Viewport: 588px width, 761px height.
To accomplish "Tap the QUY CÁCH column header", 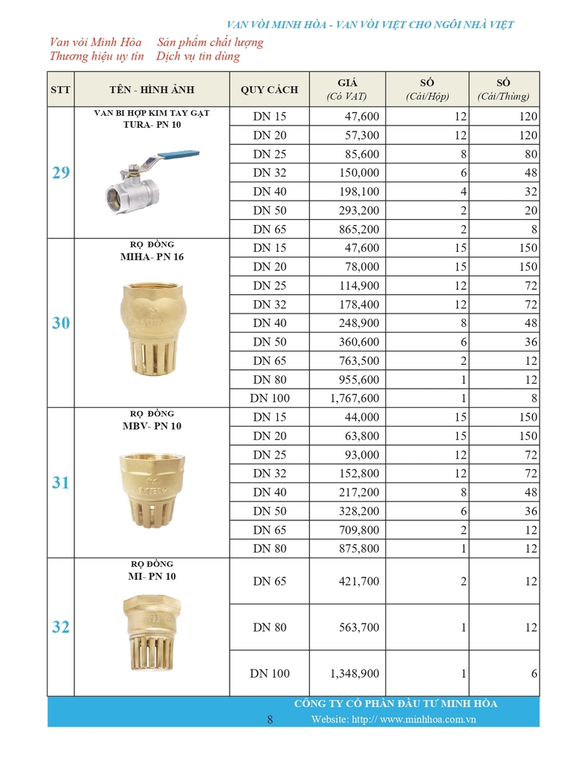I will (x=269, y=89).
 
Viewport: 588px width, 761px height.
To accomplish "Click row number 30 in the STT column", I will (x=61, y=323).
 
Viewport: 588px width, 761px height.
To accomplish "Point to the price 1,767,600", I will (x=355, y=398).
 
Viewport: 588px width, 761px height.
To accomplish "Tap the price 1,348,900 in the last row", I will (x=355, y=673).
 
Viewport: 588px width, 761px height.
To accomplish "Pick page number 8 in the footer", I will (x=270, y=719).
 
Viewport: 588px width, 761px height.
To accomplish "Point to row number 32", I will (x=61, y=627).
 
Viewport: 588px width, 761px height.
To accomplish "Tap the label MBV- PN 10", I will (x=152, y=426).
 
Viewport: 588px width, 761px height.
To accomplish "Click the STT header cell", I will (x=61, y=89).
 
